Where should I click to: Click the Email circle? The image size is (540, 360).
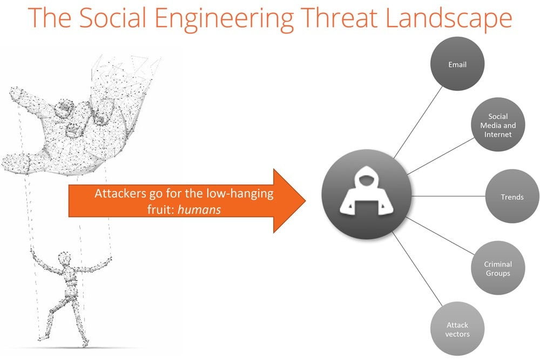(457, 65)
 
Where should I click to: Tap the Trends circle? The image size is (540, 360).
(512, 197)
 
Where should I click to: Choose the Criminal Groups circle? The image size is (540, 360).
(497, 268)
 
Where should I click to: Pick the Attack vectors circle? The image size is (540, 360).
(457, 329)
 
